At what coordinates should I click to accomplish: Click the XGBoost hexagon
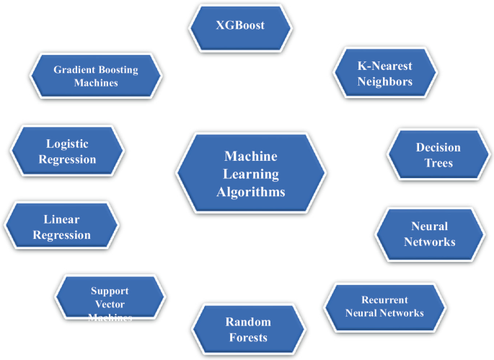click(x=240, y=26)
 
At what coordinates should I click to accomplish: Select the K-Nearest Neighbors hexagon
click(x=385, y=74)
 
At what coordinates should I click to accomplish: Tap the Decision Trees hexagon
click(x=438, y=155)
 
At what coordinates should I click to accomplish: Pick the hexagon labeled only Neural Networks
click(x=429, y=234)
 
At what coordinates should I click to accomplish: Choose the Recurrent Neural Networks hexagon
click(x=384, y=307)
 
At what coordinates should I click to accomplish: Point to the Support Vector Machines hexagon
click(x=110, y=299)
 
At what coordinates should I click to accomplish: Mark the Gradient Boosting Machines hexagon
click(x=95, y=76)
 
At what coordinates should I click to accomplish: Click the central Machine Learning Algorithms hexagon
click(x=250, y=174)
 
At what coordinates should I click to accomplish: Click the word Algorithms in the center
click(x=250, y=192)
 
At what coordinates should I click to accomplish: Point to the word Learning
click(x=250, y=174)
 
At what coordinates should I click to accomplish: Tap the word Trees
click(x=438, y=163)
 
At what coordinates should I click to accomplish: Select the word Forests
click(x=247, y=338)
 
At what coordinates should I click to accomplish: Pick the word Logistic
click(x=66, y=144)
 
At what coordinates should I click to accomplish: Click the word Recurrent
click(x=384, y=299)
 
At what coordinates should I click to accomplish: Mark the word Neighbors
click(x=385, y=82)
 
